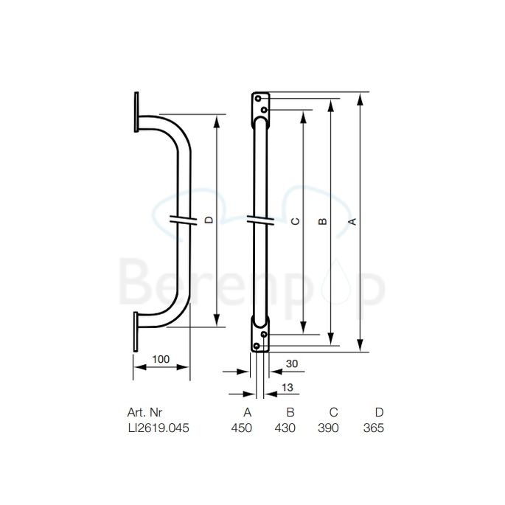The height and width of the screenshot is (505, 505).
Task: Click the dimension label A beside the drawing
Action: pos(352,221)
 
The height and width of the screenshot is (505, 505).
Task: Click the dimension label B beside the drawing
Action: pos(321,221)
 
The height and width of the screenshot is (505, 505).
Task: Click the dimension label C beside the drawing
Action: pos(294,221)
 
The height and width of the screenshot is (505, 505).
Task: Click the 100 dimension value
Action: pos(161,359)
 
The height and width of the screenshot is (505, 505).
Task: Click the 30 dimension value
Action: pos(292,363)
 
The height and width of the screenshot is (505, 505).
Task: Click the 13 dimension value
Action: pos(288,388)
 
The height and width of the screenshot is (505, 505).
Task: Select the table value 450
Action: pos(242,428)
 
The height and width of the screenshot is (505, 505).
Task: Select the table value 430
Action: pos(285,428)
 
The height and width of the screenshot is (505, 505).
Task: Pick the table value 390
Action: pos(327,428)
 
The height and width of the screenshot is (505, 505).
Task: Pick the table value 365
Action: pos(373,428)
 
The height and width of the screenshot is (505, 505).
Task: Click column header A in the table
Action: pos(248,412)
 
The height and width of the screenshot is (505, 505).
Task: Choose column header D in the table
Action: pos(379,412)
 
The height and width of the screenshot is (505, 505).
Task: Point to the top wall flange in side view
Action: pos(136,113)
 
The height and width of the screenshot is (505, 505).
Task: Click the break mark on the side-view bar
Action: pos(182,219)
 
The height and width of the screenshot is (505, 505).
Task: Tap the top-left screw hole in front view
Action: pos(258,98)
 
